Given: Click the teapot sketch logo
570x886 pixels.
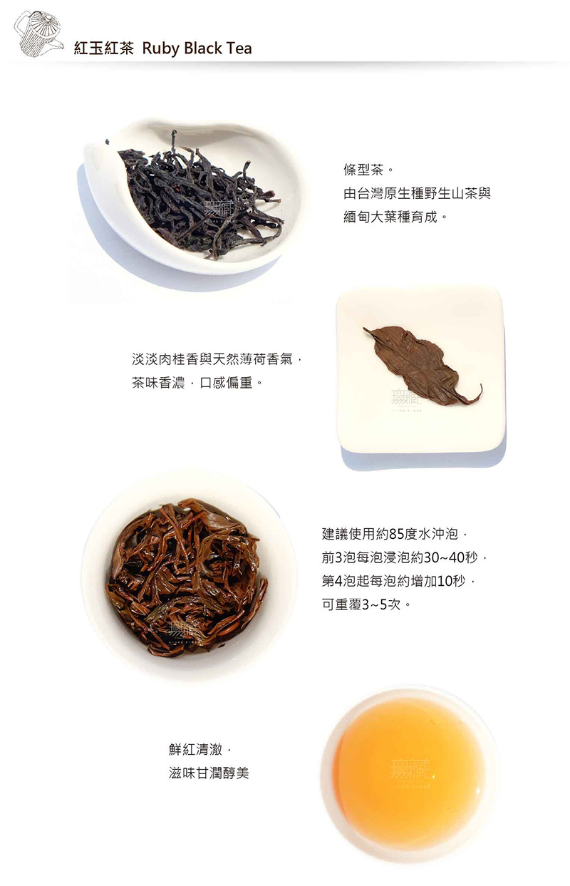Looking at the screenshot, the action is (38, 34).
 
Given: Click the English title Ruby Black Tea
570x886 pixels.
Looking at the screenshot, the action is (197, 48).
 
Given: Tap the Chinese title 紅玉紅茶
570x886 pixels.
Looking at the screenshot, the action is (103, 48).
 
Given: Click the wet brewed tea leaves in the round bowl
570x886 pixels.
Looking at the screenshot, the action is (187, 577).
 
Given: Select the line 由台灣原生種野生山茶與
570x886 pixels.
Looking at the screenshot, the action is (417, 194).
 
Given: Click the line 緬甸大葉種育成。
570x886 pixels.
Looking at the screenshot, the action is (395, 217).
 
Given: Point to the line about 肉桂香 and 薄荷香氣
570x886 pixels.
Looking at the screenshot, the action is (217, 359).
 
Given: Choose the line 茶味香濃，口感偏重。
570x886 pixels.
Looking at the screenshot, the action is (197, 383).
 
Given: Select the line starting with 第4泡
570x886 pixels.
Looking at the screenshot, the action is (398, 581).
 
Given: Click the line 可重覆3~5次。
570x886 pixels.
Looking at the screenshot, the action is (366, 604).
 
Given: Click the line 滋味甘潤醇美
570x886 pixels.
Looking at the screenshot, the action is (209, 772).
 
